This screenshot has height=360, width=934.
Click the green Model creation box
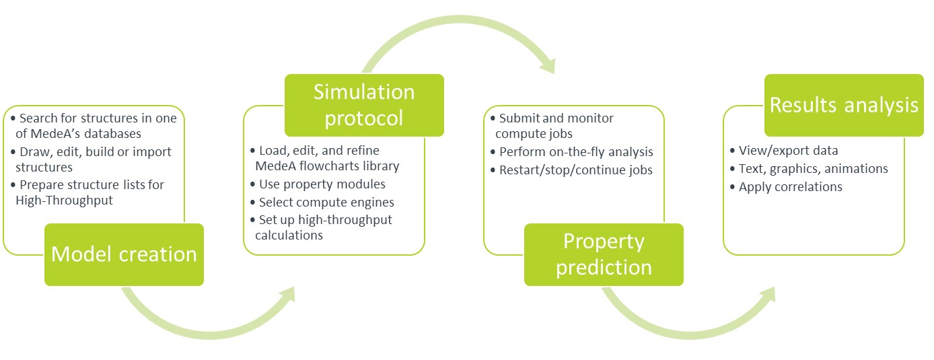124,254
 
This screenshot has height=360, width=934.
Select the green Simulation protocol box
364,105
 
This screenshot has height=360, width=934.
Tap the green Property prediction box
604,254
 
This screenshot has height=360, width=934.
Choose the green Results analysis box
844,105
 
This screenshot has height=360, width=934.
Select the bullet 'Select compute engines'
326,202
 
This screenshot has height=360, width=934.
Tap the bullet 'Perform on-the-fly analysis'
576,152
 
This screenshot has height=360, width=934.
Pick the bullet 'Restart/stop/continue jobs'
575,170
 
